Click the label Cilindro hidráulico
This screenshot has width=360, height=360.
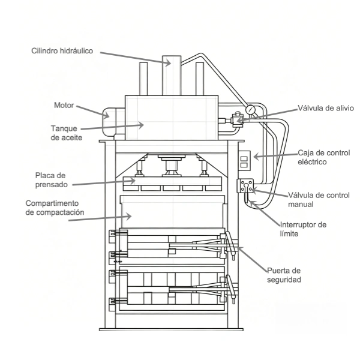click(62, 51)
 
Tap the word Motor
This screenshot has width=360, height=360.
click(64, 105)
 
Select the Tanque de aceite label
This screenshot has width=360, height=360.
click(67, 133)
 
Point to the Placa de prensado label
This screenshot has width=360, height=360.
click(52, 180)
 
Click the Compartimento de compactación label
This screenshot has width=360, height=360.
click(55, 208)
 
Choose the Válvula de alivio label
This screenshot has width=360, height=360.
click(326, 108)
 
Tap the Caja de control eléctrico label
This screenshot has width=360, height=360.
click(324, 157)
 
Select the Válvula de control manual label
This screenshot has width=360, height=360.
click(319, 200)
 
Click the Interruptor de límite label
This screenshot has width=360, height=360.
click(303, 229)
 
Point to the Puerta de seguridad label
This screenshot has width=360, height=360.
click(284, 275)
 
